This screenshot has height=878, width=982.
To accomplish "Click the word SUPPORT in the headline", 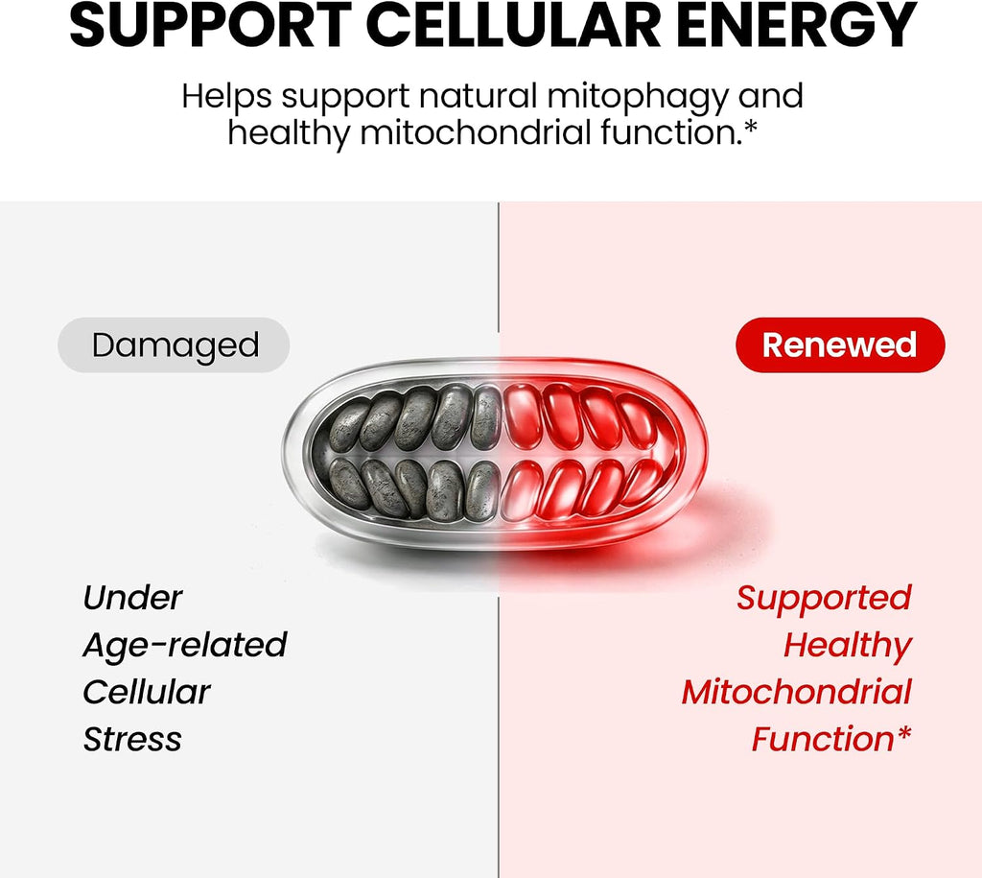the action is (x=210, y=26).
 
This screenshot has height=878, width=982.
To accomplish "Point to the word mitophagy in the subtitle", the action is (x=638, y=99).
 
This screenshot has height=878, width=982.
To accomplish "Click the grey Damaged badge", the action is (x=174, y=344).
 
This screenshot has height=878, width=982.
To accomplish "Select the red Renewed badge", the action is (x=840, y=344).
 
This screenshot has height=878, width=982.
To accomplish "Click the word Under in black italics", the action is (x=132, y=598).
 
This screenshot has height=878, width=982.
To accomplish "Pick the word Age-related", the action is (x=185, y=646).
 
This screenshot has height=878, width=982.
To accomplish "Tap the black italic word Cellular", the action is (x=147, y=693).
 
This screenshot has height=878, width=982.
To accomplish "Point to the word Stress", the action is (x=132, y=740).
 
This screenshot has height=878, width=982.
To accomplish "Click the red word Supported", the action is (x=824, y=599).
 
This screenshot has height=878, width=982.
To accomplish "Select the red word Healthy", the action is (x=848, y=646).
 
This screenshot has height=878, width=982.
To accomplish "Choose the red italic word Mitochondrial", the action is (x=797, y=693).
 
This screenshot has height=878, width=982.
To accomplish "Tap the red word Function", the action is (x=823, y=740).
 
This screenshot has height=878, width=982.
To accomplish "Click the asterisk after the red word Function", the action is (x=903, y=732).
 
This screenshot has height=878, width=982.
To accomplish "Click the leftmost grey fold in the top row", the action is (x=348, y=427).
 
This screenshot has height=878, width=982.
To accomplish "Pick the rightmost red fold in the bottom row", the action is (x=643, y=482).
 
